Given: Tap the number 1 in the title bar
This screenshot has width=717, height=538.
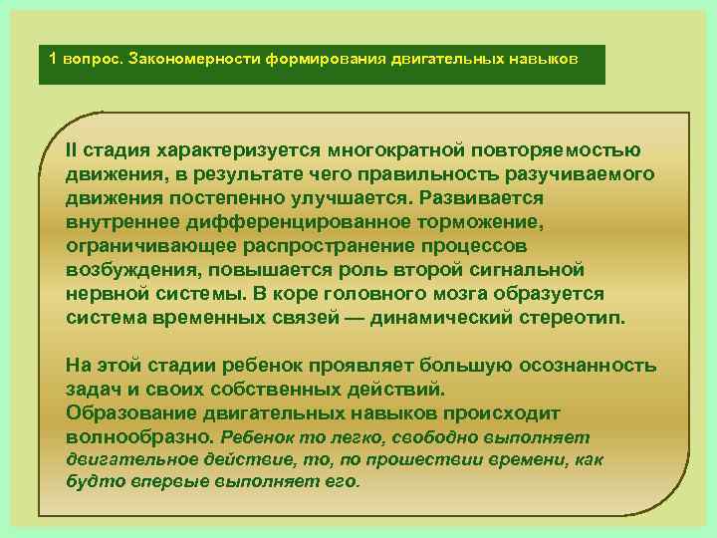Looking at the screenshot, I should tap(54, 58).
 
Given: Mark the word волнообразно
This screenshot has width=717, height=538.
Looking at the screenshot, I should tap(137, 436).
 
